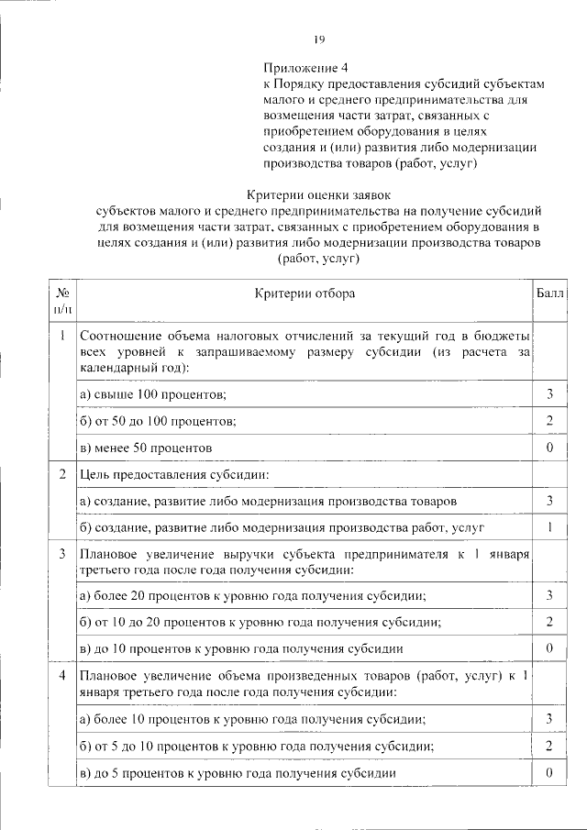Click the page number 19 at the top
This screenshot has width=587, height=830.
(x=319, y=39)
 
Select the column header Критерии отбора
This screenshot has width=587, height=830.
(x=305, y=293)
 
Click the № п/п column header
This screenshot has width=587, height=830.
(x=63, y=300)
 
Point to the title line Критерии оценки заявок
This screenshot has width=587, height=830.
(x=319, y=194)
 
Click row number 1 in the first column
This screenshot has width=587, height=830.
(x=62, y=336)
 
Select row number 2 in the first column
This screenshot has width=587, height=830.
(x=62, y=474)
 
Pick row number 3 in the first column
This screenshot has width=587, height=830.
(x=62, y=554)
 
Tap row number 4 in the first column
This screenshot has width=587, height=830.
(x=62, y=676)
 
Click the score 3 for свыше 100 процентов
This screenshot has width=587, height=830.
(x=548, y=393)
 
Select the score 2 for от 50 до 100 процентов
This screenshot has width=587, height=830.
(x=548, y=420)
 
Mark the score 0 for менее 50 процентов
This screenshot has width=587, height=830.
(x=548, y=447)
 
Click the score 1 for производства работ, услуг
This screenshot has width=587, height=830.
(x=548, y=527)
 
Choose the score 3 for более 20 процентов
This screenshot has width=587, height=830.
(x=548, y=596)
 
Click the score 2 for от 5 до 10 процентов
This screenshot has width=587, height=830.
(x=548, y=746)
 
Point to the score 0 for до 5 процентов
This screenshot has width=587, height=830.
(x=548, y=772)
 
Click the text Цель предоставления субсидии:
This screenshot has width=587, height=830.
(x=174, y=474)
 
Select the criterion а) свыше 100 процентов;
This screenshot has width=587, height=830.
(x=153, y=393)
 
